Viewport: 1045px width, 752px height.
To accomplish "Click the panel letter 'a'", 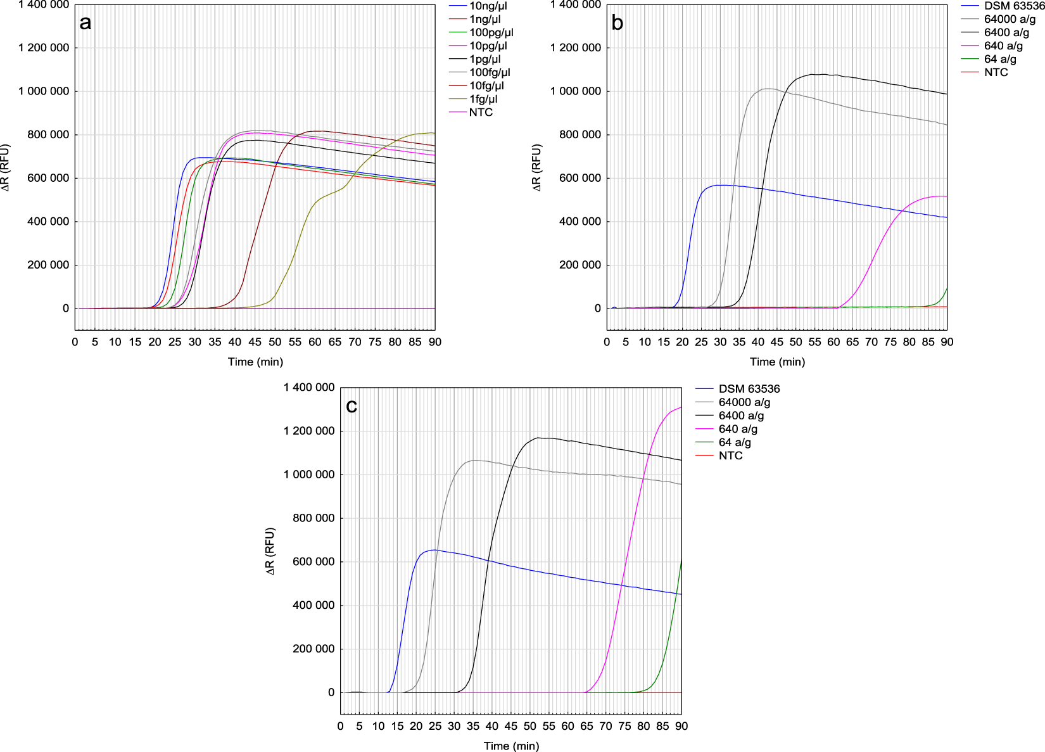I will (x=85, y=23).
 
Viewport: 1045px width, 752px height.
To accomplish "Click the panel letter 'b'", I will (x=617, y=23).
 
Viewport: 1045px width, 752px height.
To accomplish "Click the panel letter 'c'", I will (x=351, y=406).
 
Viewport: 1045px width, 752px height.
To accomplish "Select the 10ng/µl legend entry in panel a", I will (x=488, y=6).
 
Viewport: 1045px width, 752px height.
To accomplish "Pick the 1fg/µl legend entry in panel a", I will (x=483, y=99).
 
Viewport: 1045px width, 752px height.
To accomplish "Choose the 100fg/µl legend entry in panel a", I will (x=490, y=72).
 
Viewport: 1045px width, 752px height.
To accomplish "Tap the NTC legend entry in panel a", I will (x=481, y=112).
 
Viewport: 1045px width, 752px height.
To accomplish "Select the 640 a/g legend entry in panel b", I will (x=1003, y=46).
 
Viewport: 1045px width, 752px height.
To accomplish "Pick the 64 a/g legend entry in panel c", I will (x=735, y=442).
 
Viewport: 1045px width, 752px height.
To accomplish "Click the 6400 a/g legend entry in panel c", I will (x=741, y=416).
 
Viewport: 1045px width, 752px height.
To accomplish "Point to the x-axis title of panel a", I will (x=255, y=362).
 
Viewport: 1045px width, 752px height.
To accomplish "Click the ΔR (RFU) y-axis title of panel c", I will (x=270, y=551).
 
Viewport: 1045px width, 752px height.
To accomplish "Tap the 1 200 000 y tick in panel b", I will (x=575, y=48).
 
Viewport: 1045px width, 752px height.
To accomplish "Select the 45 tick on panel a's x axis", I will (x=255, y=342).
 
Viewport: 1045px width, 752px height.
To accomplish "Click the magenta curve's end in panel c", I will (x=681, y=407).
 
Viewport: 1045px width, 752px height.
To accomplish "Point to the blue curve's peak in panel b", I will (x=719, y=185).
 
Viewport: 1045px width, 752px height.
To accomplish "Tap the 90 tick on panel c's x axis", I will (x=681, y=726).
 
